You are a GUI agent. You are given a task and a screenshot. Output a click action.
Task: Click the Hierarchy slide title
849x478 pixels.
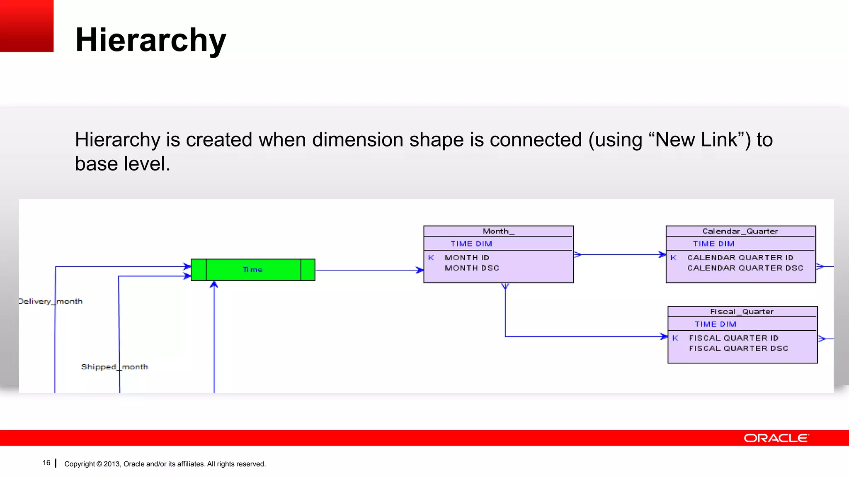(150, 40)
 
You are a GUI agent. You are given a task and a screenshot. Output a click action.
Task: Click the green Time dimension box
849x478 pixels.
(253, 270)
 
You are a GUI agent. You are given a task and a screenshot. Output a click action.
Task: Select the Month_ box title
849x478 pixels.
(498, 231)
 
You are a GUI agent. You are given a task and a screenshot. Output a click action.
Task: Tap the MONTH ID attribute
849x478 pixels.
(467, 258)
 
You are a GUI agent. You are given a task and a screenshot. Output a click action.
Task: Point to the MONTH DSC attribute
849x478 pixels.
(472, 268)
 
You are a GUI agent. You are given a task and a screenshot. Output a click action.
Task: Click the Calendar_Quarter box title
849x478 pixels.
(740, 231)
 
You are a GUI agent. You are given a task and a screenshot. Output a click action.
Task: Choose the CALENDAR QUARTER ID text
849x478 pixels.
(740, 258)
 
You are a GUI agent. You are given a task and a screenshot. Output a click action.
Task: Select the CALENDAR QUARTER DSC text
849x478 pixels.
(745, 268)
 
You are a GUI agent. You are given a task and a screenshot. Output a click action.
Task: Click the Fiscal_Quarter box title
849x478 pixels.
(742, 312)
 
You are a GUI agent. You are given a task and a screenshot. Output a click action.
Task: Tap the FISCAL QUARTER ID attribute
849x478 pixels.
(734, 338)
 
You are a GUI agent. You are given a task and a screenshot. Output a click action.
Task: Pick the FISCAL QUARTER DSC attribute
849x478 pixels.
(738, 349)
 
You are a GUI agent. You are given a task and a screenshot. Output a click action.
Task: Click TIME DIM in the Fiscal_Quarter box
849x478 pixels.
(715, 324)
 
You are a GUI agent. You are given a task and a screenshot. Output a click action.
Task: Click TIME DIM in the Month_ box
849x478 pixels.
(471, 244)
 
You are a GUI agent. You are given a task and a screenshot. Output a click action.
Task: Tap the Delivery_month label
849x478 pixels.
(51, 301)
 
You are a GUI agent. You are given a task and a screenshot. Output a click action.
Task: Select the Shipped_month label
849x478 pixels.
(114, 367)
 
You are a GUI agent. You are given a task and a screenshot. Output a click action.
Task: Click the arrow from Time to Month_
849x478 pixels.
(369, 270)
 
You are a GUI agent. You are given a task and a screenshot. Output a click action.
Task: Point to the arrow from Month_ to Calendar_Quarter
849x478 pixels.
(620, 255)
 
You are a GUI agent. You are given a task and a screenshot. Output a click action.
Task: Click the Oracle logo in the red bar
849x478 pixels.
(776, 438)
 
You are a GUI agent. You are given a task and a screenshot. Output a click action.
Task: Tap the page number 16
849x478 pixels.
(46, 463)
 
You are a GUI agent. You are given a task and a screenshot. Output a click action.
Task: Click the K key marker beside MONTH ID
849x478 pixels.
(431, 258)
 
